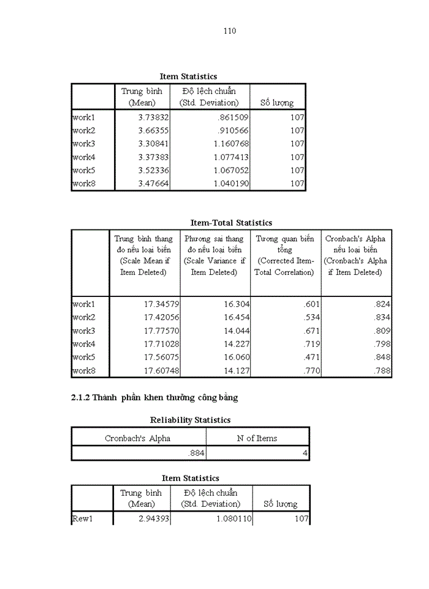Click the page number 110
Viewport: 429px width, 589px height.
pos(230,31)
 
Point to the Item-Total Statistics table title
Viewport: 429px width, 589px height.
pos(231,223)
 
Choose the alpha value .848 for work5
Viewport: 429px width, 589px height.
pos(382,357)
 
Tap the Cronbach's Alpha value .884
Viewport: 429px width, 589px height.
pos(196,454)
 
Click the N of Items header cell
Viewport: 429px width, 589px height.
pos(257,438)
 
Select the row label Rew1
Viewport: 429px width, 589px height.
pos(82,519)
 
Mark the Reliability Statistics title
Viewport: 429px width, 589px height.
pos(190,420)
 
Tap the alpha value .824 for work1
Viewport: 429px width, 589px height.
pos(382,304)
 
